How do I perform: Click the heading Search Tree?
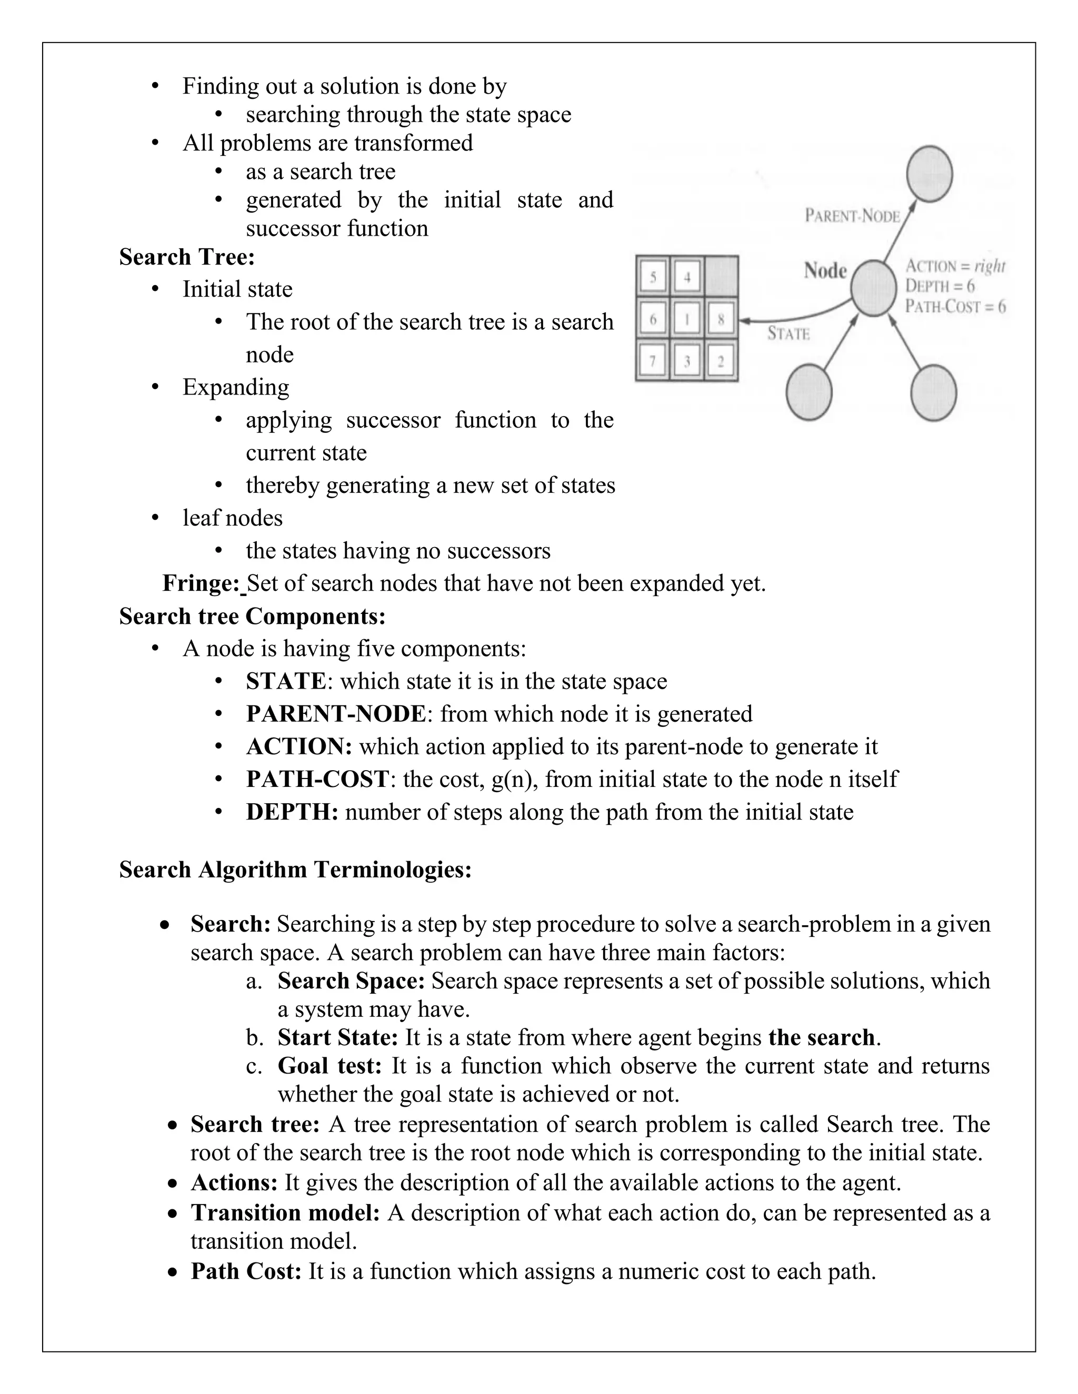(x=186, y=257)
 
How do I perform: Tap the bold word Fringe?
(x=201, y=583)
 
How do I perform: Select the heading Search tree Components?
(x=252, y=617)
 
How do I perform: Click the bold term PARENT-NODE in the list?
(x=335, y=714)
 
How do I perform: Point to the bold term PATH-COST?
(x=317, y=780)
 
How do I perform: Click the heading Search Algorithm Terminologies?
(x=295, y=870)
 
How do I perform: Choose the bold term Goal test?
(x=329, y=1066)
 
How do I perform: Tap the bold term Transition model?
(x=285, y=1213)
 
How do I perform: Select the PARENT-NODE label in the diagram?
(x=852, y=216)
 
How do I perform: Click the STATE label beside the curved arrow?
(x=788, y=334)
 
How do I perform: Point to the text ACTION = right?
(x=955, y=266)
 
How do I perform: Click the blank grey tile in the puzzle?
(x=721, y=276)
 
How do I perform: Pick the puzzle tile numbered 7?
(x=652, y=362)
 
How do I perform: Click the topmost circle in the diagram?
(x=930, y=174)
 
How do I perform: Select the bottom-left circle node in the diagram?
(x=808, y=392)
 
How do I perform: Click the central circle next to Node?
(x=874, y=288)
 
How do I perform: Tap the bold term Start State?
(x=338, y=1037)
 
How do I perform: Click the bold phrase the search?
(x=821, y=1037)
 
